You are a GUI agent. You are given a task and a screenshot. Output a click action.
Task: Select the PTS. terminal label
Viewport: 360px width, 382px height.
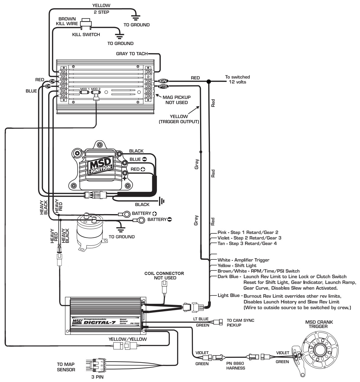point(162,86)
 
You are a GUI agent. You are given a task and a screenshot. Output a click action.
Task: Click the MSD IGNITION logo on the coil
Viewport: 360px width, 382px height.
point(100,166)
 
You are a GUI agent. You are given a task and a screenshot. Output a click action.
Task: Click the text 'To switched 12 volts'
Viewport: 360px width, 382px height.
point(237,79)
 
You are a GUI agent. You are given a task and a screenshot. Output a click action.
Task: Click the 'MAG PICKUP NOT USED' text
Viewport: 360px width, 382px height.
point(176,100)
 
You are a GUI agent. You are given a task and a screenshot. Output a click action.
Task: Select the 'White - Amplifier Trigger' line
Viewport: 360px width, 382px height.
point(244,260)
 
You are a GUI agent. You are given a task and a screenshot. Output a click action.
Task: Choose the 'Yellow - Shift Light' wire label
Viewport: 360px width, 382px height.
point(237,266)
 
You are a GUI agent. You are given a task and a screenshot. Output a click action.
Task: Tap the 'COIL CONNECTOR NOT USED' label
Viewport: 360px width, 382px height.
point(164,276)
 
